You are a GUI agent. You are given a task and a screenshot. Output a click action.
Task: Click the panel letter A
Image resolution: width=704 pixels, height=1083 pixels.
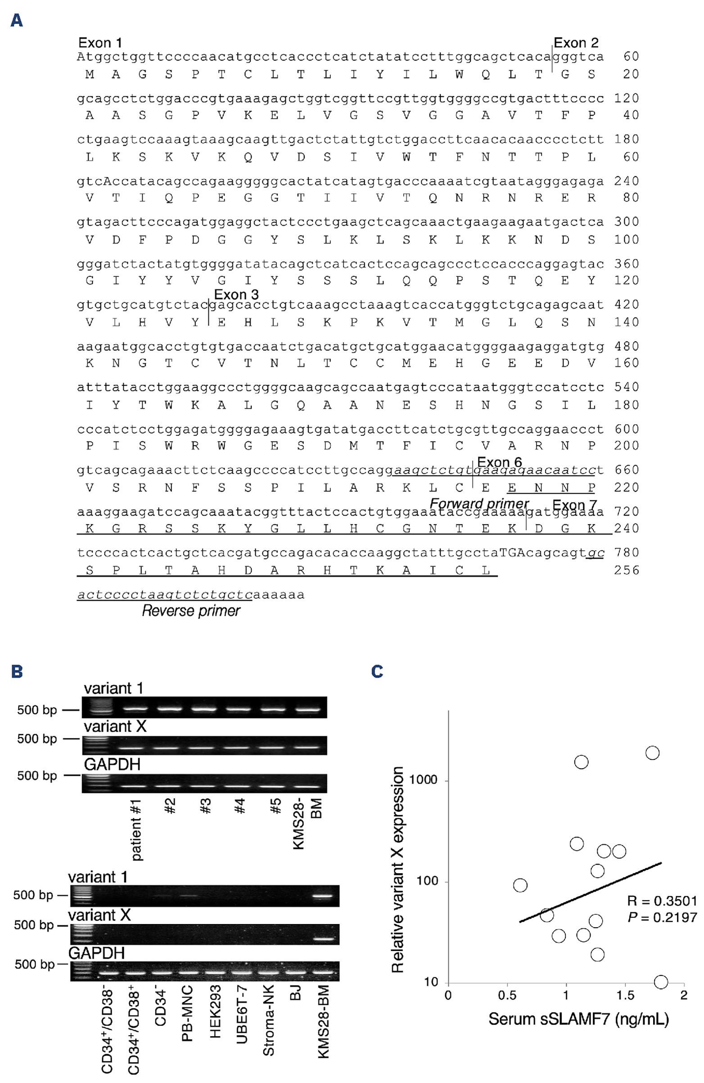coord(17,20)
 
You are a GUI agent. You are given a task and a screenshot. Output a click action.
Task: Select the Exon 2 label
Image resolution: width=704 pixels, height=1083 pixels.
coord(575,43)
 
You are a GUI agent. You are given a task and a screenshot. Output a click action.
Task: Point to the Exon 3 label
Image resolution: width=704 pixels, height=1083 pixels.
coord(236,295)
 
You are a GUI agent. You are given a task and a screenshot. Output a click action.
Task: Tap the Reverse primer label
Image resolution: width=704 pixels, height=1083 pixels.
coord(191,611)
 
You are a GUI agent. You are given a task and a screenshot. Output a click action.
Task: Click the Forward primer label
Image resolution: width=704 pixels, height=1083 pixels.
coord(479,504)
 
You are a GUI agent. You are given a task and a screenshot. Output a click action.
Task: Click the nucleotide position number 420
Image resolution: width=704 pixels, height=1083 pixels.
coord(627,304)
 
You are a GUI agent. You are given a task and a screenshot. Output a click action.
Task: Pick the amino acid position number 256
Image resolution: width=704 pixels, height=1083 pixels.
coord(627,570)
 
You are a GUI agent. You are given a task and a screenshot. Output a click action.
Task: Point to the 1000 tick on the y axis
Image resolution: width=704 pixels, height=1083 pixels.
coord(423,780)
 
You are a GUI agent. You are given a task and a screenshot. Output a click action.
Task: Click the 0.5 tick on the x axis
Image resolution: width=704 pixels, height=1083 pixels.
coord(507,995)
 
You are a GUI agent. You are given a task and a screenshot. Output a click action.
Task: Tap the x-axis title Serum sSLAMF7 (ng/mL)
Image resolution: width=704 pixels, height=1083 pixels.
coord(578,1019)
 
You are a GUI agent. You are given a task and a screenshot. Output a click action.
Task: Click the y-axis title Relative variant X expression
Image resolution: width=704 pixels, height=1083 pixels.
coord(397,869)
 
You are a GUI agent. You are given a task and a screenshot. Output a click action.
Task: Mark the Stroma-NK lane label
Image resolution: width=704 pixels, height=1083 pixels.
coord(268,1020)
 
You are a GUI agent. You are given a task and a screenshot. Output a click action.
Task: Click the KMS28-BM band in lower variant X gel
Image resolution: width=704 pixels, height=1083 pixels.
coord(323,938)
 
